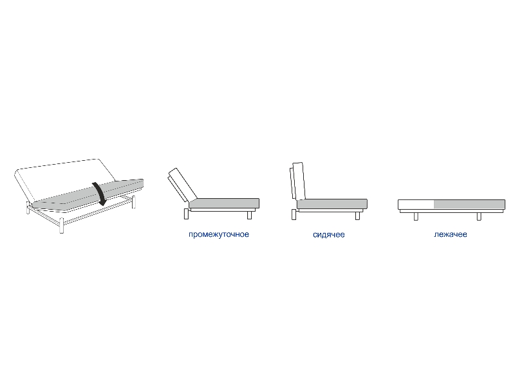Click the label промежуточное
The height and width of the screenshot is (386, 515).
pyautogui.click(x=219, y=234)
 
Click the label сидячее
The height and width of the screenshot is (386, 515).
pyautogui.click(x=329, y=234)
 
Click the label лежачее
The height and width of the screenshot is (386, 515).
pyautogui.click(x=450, y=234)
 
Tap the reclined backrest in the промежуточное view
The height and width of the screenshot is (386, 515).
pyautogui.click(x=182, y=185)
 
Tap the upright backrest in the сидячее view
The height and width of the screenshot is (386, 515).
pyautogui.click(x=298, y=181)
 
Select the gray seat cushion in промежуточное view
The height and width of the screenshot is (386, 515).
pyautogui.click(x=225, y=203)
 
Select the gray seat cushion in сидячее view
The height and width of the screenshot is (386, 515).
pyautogui.click(x=332, y=204)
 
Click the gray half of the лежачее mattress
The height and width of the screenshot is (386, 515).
pyautogui.click(x=469, y=204)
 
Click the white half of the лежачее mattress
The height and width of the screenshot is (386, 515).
pyautogui.click(x=416, y=204)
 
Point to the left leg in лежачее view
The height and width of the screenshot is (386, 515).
pyautogui.click(x=416, y=216)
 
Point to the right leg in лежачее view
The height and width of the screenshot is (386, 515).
pyautogui.click(x=479, y=216)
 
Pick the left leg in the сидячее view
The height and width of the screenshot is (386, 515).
pyautogui.click(x=294, y=215)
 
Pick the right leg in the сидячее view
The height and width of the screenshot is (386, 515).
pyautogui.click(x=357, y=216)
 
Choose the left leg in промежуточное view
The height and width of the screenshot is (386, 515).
pyautogui.click(x=186, y=214)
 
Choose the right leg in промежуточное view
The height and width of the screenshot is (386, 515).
pyautogui.click(x=249, y=215)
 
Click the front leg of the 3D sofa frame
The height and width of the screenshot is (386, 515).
pyautogui.click(x=61, y=226)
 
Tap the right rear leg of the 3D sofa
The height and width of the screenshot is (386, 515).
pyautogui.click(x=133, y=202)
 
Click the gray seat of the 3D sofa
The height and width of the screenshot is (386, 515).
pyautogui.click(x=88, y=196)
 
